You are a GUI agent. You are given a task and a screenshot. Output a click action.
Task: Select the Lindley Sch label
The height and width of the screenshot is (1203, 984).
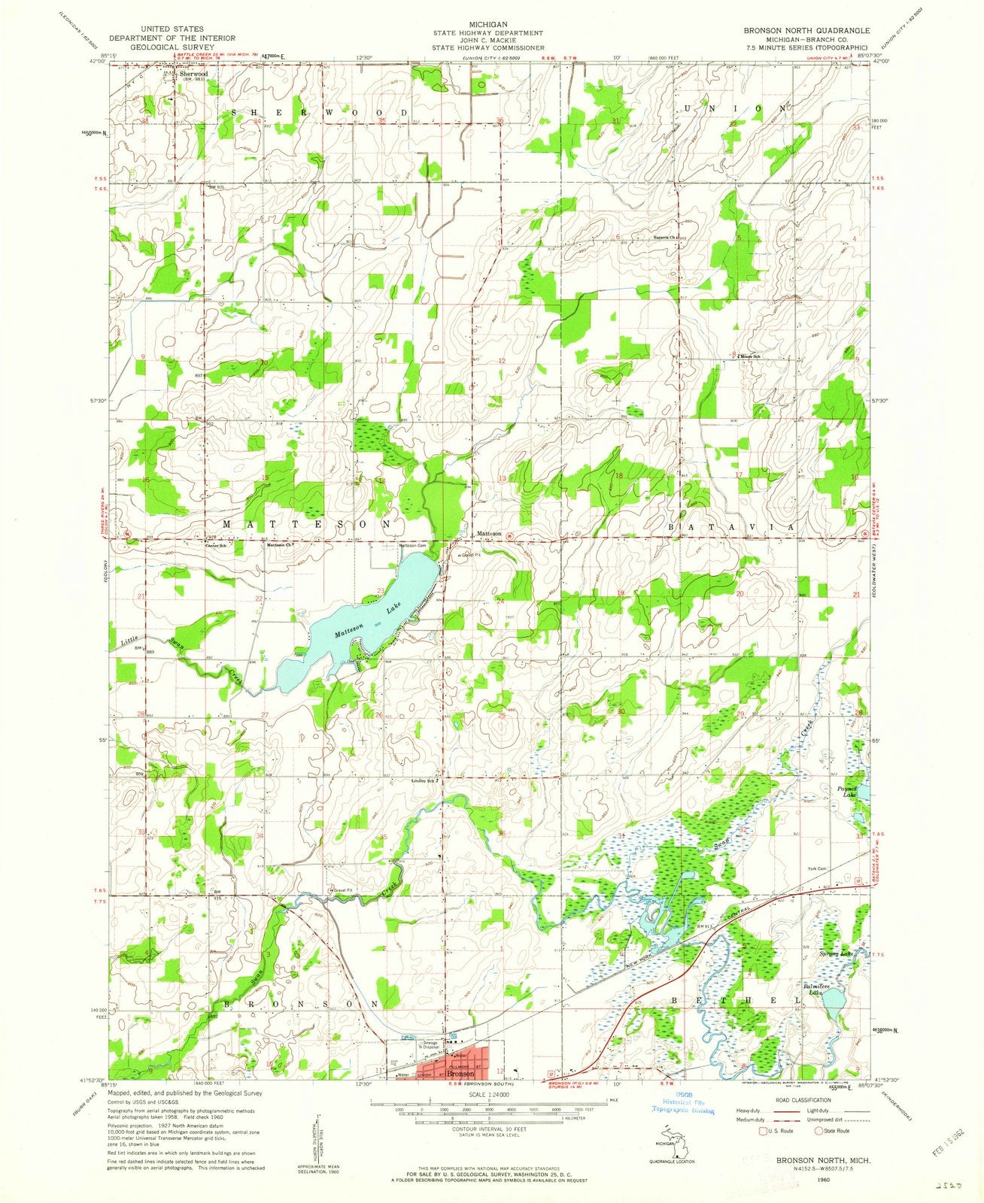pos(424,780)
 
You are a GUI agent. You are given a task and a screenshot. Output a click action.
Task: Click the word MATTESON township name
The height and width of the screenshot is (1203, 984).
pos(308,521)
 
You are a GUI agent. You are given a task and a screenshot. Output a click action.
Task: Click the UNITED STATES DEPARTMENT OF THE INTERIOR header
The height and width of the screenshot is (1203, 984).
pos(172,38)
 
